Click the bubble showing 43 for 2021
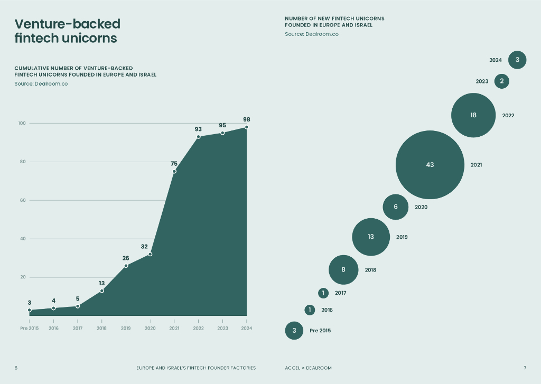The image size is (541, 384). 430,165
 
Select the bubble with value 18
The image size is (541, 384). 473,115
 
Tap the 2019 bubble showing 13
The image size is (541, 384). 371,237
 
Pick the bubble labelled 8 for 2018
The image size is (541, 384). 343,269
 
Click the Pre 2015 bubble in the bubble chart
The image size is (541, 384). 294,331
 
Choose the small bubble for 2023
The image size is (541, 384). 501,81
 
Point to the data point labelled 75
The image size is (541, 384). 174,171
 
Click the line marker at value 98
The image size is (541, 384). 246,127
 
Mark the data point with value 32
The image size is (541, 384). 150,254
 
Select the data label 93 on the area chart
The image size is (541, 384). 198,129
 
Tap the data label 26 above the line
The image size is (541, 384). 126,258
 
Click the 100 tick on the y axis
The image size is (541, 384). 22,123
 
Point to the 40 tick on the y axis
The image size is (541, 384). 23,239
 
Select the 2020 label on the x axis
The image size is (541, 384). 150,328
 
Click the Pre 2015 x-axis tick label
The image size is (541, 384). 30,328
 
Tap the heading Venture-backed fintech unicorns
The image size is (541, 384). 67,31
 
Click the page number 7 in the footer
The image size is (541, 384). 525,368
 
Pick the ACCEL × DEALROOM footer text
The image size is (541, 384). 309,368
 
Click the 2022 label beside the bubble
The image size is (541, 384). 508,115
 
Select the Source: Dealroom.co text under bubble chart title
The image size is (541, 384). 312,34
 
